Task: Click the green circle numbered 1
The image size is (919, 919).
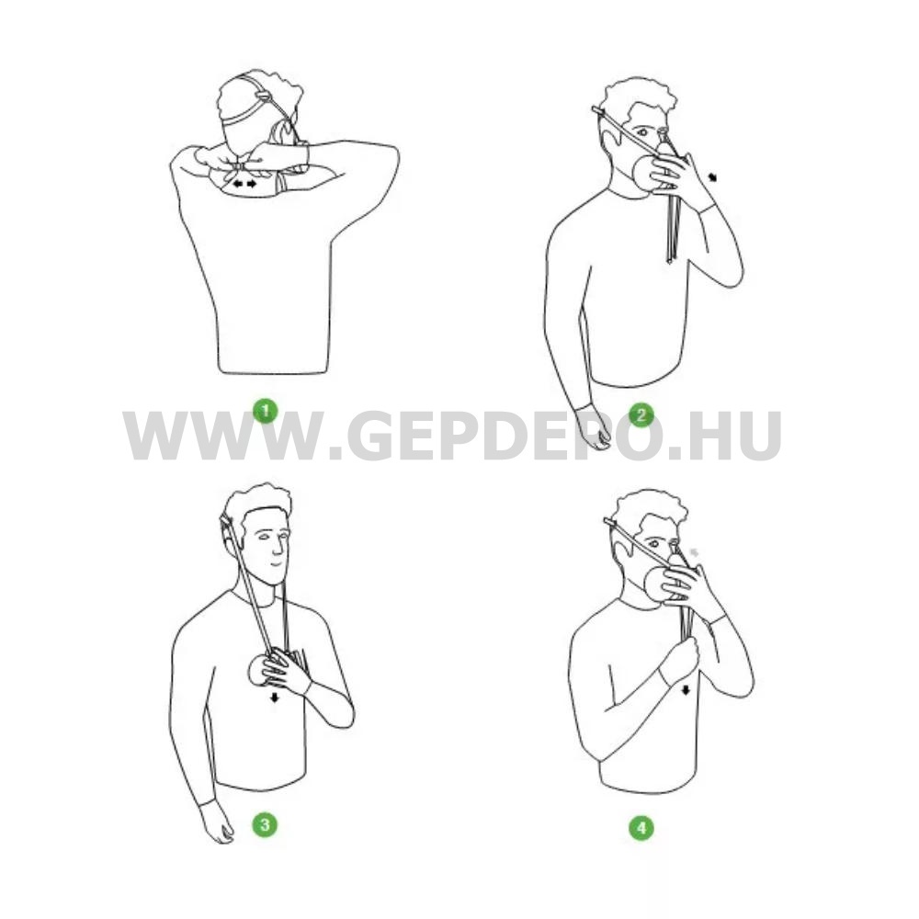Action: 265,411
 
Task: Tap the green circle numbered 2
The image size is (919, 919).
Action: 641,415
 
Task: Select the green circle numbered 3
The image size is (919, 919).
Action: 265,824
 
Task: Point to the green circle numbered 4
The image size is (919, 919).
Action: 641,828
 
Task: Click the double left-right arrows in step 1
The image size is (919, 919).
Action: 244,184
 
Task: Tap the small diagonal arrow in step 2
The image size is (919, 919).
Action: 713,176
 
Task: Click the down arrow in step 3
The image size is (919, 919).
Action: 274,697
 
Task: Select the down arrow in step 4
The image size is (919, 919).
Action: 686,691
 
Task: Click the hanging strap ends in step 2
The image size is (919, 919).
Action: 672,230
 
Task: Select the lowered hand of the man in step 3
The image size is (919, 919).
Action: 217,823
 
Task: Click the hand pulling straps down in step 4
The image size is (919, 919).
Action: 683,659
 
